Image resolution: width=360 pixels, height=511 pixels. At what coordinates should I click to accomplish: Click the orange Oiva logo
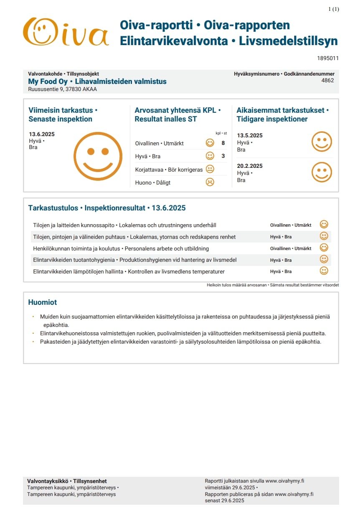pos(66,32)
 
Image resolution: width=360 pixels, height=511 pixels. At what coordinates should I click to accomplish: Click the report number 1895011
pos(328,58)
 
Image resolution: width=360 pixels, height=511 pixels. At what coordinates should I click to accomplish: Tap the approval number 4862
pos(327,81)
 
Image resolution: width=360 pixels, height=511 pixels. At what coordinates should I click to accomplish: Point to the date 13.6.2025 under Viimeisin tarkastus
pos(42,134)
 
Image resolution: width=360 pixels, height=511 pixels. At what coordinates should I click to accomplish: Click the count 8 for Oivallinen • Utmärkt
pos(223,143)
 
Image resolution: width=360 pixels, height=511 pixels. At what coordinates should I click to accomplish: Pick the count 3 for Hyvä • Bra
pos(223,156)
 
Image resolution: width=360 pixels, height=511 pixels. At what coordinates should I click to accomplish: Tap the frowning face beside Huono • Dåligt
pos(210,182)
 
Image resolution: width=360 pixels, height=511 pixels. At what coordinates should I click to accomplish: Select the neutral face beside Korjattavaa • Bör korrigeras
pos(210,169)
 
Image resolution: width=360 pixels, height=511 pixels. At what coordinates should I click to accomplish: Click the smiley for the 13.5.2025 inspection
pos(322,142)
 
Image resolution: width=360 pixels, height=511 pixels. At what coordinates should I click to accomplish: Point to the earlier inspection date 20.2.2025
pos(250,166)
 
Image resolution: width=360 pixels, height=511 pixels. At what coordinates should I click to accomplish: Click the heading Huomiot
pos(43,302)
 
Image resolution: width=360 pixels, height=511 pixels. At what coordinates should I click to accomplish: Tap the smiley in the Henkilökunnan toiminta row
pos(324,248)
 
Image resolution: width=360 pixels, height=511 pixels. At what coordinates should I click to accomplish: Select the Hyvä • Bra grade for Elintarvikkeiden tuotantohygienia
pos(281,260)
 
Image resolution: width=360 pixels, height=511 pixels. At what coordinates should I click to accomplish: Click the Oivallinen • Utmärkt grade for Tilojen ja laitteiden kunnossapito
pos(291,225)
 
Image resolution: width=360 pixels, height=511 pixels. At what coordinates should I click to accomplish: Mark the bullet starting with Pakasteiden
pos(180,342)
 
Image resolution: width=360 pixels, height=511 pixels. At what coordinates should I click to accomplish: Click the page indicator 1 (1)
pos(334,9)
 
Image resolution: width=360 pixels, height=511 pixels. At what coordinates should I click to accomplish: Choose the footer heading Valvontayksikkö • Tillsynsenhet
pos(67,481)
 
